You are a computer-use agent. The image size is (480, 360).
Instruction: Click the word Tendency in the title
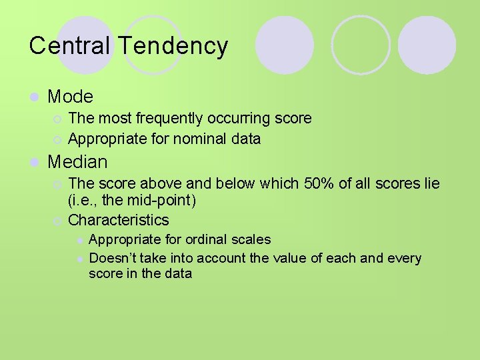coord(173,46)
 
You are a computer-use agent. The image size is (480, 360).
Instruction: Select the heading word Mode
coord(71,97)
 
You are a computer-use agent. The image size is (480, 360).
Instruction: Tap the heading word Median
coord(78,162)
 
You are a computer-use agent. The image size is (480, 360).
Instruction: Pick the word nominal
coord(200,139)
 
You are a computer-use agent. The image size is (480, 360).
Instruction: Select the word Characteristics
coord(119,220)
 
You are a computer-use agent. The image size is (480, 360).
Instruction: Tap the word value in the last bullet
coord(290,258)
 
